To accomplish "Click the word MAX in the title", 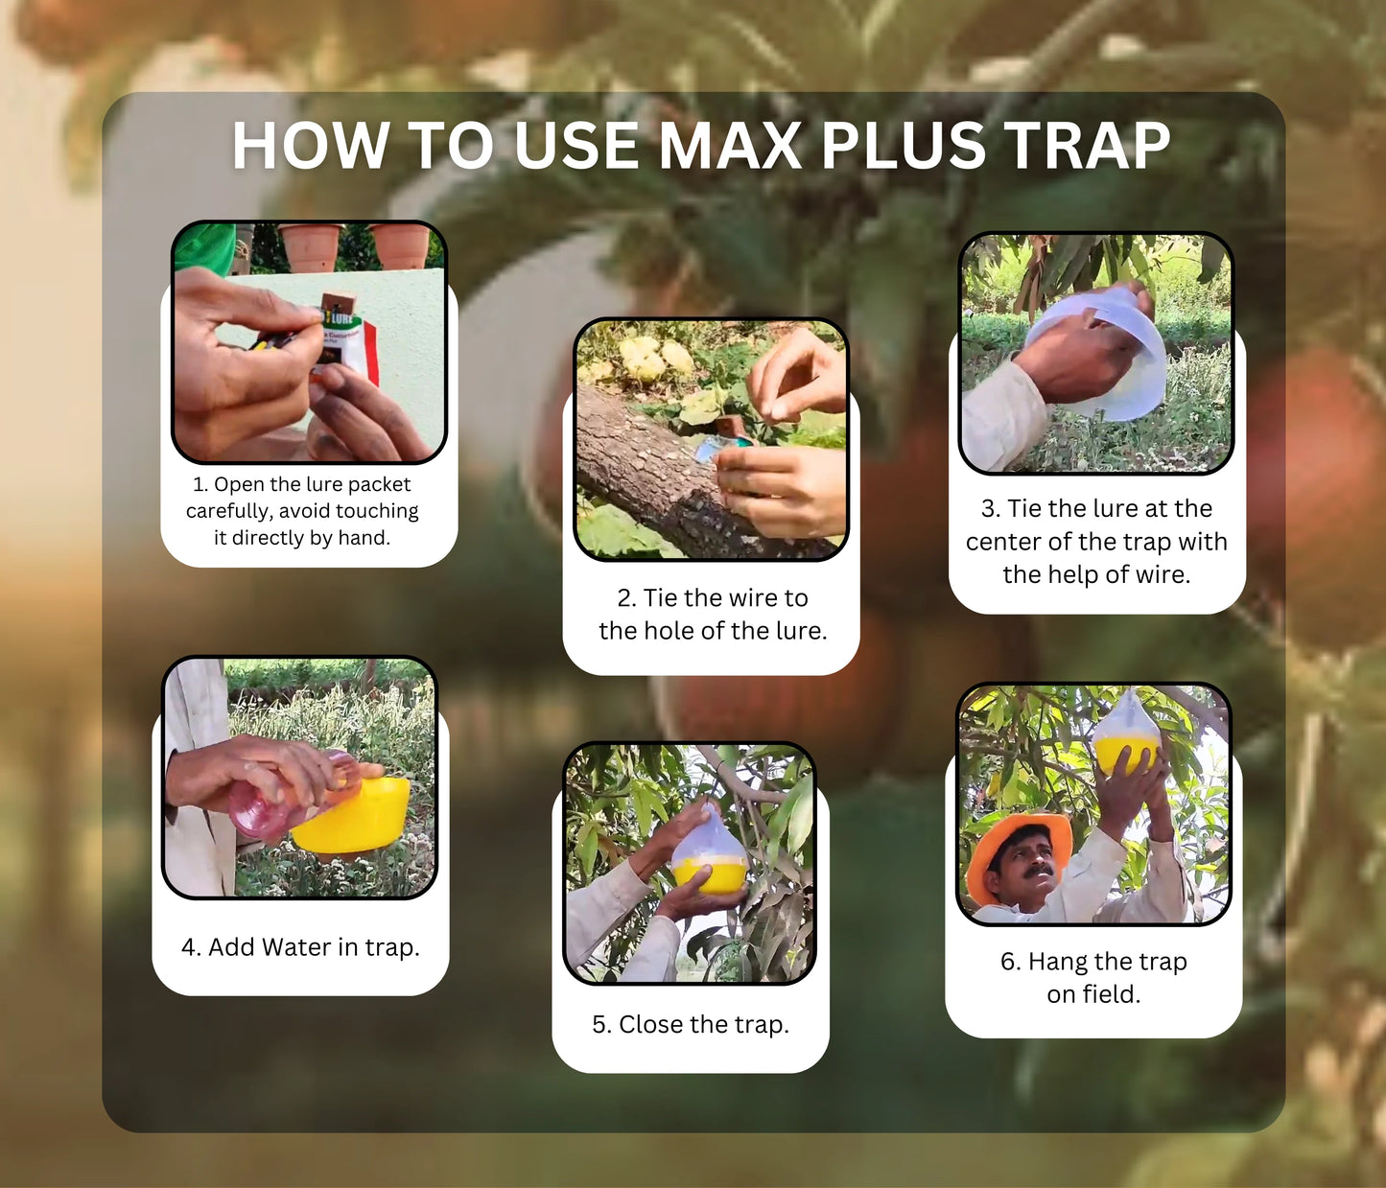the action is click(730, 145).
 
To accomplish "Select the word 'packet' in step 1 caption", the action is click(379, 485).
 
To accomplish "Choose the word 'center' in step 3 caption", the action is click(1003, 542).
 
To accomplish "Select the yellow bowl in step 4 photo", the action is click(352, 815).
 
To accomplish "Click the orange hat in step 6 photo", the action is click(1016, 851).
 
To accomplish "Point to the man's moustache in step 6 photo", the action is click(1039, 870).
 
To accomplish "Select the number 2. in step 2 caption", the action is click(626, 597).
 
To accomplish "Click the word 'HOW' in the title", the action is click(311, 145).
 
